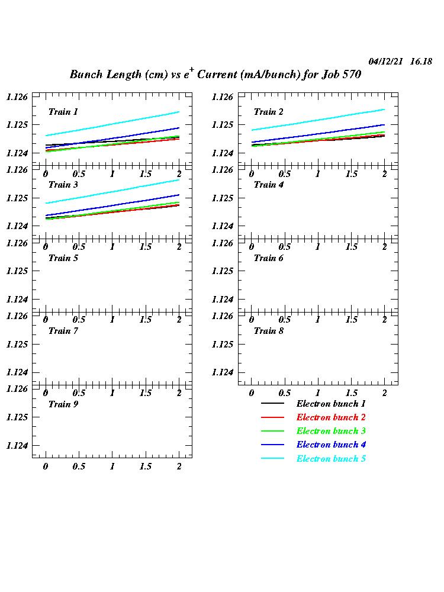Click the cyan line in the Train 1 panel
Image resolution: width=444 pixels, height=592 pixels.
click(112, 124)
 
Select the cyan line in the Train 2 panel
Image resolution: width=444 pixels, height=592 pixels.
click(318, 120)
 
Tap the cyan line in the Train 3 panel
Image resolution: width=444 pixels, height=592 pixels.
click(112, 191)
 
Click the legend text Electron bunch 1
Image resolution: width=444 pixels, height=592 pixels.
click(331, 404)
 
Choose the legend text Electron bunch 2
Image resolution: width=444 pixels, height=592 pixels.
click(331, 417)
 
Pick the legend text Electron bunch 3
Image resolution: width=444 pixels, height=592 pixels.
click(331, 431)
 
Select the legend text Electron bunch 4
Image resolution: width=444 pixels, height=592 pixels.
click(331, 445)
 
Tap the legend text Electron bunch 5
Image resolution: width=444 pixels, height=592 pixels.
click(331, 459)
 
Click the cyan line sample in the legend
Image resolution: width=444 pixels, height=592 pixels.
click(272, 459)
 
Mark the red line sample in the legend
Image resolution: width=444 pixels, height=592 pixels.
click(272, 417)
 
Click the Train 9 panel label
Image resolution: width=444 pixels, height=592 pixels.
click(63, 404)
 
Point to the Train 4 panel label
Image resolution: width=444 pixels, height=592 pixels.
click(268, 185)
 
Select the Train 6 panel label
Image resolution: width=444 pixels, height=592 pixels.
click(268, 258)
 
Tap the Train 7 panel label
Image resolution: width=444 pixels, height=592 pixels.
click(63, 331)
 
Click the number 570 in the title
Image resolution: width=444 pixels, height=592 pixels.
click(350, 75)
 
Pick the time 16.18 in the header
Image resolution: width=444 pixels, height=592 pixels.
click(421, 62)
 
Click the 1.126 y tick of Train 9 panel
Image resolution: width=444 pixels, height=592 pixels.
click(17, 389)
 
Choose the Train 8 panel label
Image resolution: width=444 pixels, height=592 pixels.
click(268, 331)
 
